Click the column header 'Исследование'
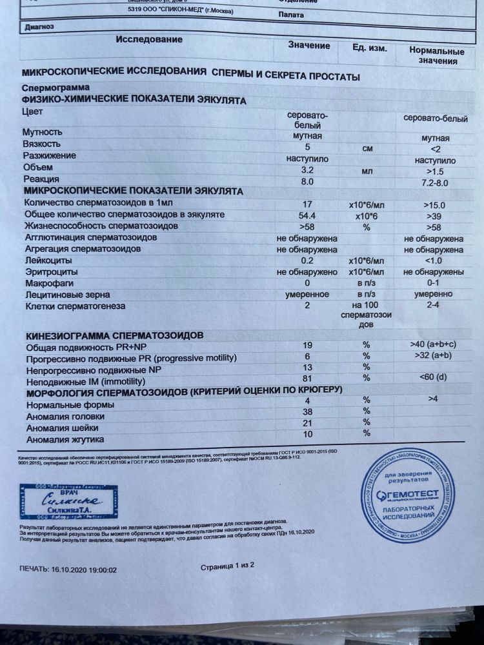[148, 39]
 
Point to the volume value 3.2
[307, 171]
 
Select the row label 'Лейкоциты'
[48, 261]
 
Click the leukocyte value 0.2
[307, 261]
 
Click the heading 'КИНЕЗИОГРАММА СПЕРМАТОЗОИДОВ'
[114, 336]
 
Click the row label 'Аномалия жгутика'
[65, 439]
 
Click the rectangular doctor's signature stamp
[68, 498]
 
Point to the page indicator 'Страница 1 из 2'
[228, 565]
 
